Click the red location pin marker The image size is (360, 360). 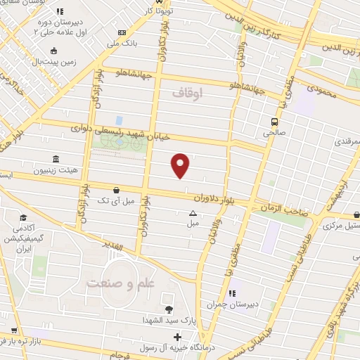tap(181, 165)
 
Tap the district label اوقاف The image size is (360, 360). tap(186, 92)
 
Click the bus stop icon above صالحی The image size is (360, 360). tap(275, 121)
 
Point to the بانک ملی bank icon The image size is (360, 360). tap(122, 32)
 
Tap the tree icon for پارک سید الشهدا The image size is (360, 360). tap(168, 309)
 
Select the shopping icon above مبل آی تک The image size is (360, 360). tap(115, 189)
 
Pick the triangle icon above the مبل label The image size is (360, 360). tap(193, 213)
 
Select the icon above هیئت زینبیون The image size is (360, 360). tap(56, 160)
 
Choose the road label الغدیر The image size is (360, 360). tap(112, 246)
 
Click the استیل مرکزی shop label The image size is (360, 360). tap(342, 226)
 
